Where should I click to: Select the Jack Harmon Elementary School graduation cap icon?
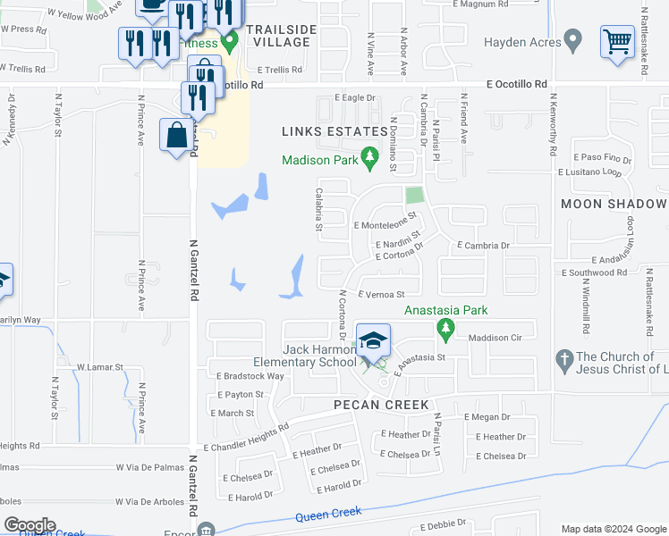[x=373, y=341]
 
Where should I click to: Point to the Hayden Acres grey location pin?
[x=573, y=40]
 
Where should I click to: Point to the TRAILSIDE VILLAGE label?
[x=284, y=35]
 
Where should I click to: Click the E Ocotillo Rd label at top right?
[x=516, y=84]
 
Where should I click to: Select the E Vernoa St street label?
[x=382, y=294]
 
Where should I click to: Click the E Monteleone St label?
[x=385, y=227]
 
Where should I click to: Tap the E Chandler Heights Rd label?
[x=246, y=438]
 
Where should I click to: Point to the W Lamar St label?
[x=98, y=367]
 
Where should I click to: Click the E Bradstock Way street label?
[x=250, y=376]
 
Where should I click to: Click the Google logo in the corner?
[x=30, y=525]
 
